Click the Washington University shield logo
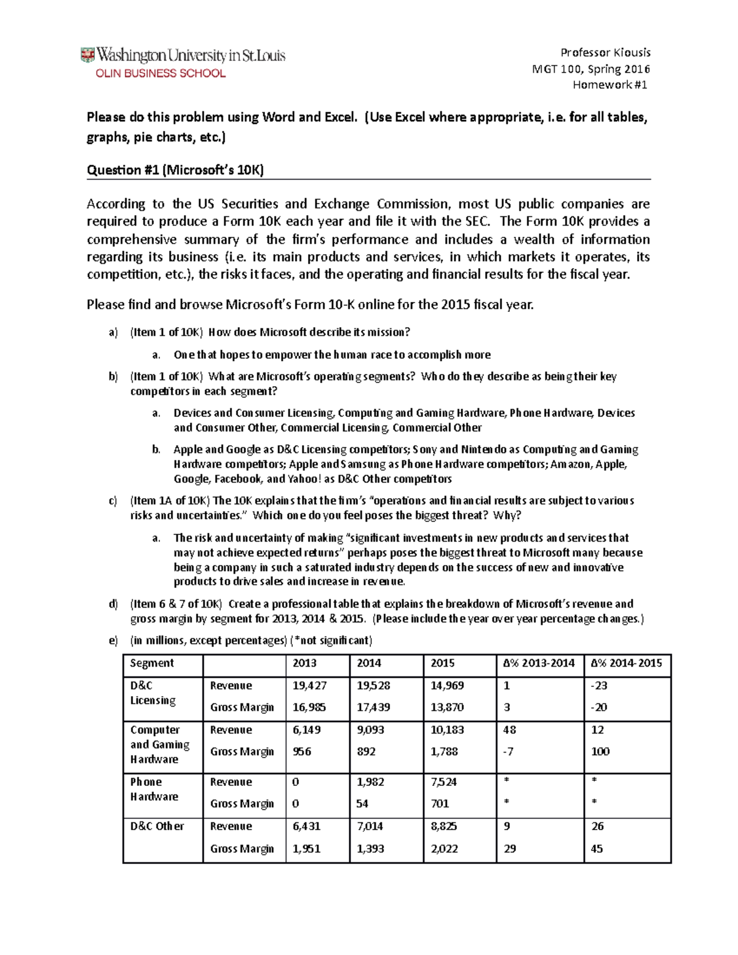coord(87,55)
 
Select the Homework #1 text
coord(609,85)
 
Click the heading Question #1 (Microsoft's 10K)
coord(175,170)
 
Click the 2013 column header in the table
coord(304,663)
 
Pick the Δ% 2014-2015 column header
coord(626,663)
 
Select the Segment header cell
coord(152,663)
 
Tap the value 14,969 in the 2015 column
coord(447,686)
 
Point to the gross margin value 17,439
coord(373,707)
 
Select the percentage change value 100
coord(600,751)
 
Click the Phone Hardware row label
coord(154,789)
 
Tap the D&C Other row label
coord(157,826)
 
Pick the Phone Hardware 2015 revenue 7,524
coord(443,782)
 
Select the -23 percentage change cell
coord(598,686)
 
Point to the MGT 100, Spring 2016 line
coord(590,69)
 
